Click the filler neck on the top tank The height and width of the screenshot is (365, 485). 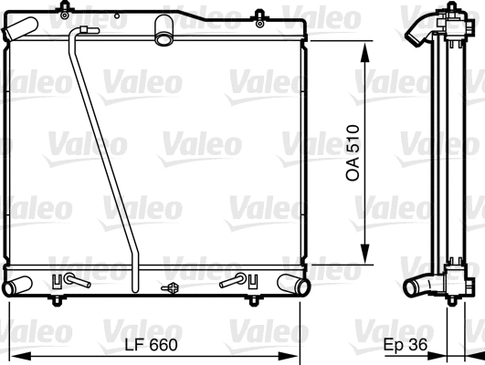tap(164, 31)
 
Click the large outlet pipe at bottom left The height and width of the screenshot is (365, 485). tap(18, 287)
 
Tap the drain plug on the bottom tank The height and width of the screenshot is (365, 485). tap(170, 289)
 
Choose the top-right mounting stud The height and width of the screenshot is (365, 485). tap(259, 13)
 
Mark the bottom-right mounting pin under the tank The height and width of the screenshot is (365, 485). tap(253, 299)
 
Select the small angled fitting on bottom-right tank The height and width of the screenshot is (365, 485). tap(236, 281)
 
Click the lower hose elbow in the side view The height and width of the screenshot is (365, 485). tap(420, 287)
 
